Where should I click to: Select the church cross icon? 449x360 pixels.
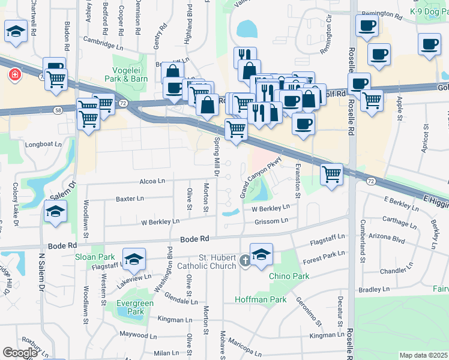[x=245, y=260]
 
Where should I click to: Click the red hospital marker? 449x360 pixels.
[x=13, y=75]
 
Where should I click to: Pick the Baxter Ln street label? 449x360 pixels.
[x=130, y=198]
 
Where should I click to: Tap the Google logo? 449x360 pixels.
[x=20, y=353]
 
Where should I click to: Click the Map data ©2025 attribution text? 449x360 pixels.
[x=423, y=355]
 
